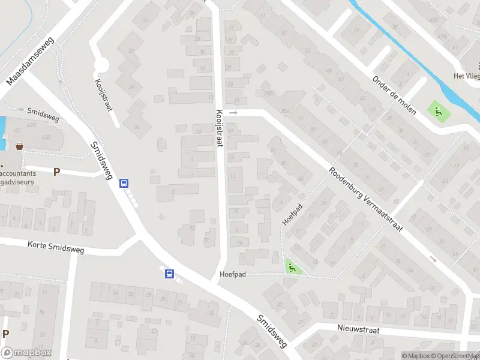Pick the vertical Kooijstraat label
[x=219, y=127]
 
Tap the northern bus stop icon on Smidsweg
[x=124, y=184]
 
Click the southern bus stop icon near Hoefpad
[x=170, y=274]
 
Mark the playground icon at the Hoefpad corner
[x=292, y=268]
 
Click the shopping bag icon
[x=20, y=146]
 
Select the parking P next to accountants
[x=56, y=172]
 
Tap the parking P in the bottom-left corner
[x=5, y=334]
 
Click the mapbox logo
[x=26, y=353]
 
